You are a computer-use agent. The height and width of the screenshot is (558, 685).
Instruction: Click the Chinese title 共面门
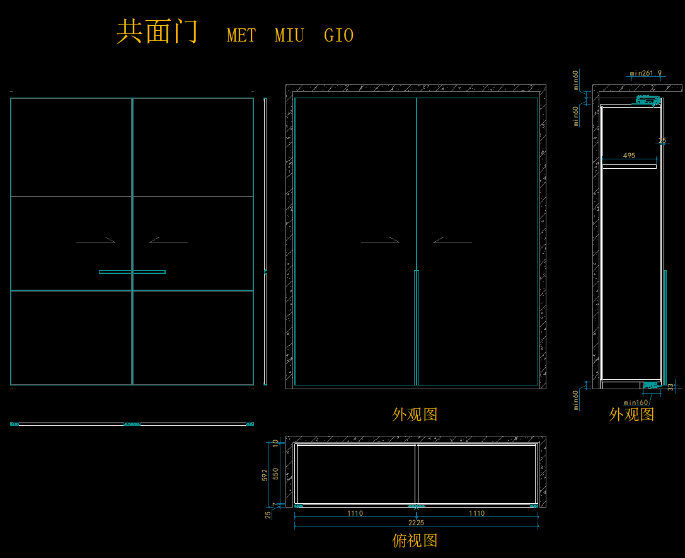coord(157,31)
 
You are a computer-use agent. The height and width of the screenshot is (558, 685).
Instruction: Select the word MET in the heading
coord(241,36)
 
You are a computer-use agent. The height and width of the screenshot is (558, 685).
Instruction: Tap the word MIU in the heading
coord(289,36)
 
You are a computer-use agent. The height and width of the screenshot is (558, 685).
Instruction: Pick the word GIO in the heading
coord(338,36)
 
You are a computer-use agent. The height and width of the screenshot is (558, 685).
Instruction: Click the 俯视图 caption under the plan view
coord(415,540)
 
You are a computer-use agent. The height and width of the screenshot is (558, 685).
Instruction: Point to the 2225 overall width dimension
coord(416,523)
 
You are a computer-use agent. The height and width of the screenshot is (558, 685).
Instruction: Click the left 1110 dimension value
coord(355,513)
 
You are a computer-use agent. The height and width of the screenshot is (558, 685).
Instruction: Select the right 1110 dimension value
coord(476,513)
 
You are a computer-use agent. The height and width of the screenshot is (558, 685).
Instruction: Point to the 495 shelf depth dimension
coord(629,156)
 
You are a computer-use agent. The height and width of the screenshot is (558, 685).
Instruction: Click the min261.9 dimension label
coord(646,73)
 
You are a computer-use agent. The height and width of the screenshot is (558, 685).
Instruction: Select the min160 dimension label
coord(636,402)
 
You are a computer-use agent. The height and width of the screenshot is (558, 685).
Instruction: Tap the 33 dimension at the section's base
coord(671,387)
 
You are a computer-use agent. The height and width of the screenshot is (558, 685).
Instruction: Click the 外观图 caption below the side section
coord(631,414)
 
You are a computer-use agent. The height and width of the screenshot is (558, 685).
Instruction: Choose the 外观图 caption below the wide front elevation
coord(415,414)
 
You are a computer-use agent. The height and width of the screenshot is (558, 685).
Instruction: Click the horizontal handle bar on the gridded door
coord(132,272)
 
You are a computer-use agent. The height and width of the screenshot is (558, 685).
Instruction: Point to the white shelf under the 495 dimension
coord(629,166)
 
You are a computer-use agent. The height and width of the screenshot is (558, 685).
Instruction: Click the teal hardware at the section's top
coord(647,100)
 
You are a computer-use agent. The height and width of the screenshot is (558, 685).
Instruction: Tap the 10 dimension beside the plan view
coord(275,442)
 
